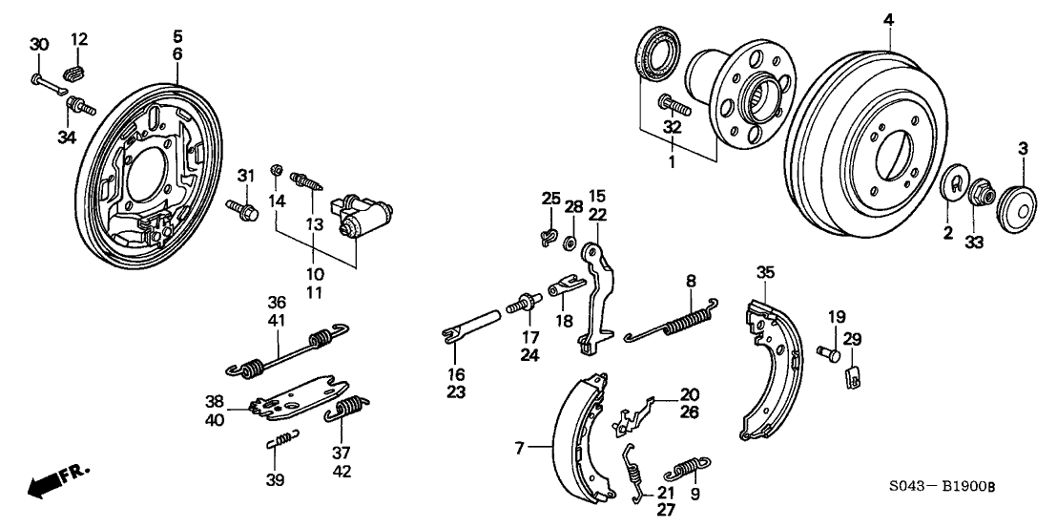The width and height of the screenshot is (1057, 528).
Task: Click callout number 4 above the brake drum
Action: (x=888, y=19)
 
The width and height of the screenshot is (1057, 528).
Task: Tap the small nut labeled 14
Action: (x=277, y=170)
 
